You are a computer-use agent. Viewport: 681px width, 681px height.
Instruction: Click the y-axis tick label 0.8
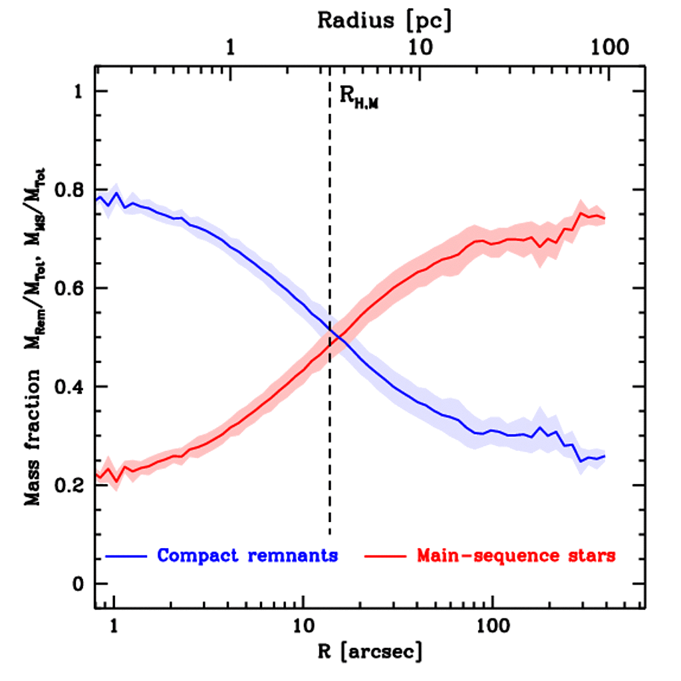[x=70, y=190]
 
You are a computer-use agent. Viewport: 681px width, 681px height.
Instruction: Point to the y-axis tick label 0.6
[x=70, y=288]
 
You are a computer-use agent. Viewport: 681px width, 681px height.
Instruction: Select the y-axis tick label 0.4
[x=70, y=387]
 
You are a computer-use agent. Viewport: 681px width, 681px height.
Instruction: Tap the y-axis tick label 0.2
[x=70, y=485]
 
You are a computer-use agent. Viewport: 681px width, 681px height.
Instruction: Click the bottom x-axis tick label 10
[x=303, y=626]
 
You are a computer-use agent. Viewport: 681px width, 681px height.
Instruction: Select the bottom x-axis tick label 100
[x=492, y=626]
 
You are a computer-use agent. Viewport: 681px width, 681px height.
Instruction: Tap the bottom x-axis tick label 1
[x=114, y=626]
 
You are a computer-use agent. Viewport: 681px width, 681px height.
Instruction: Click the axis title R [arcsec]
[x=368, y=652]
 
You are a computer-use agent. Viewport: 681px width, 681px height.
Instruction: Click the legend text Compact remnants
[x=248, y=555]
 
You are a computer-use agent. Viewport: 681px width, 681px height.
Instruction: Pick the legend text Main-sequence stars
[x=516, y=555]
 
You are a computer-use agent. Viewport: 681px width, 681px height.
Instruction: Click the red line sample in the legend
[x=384, y=555]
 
